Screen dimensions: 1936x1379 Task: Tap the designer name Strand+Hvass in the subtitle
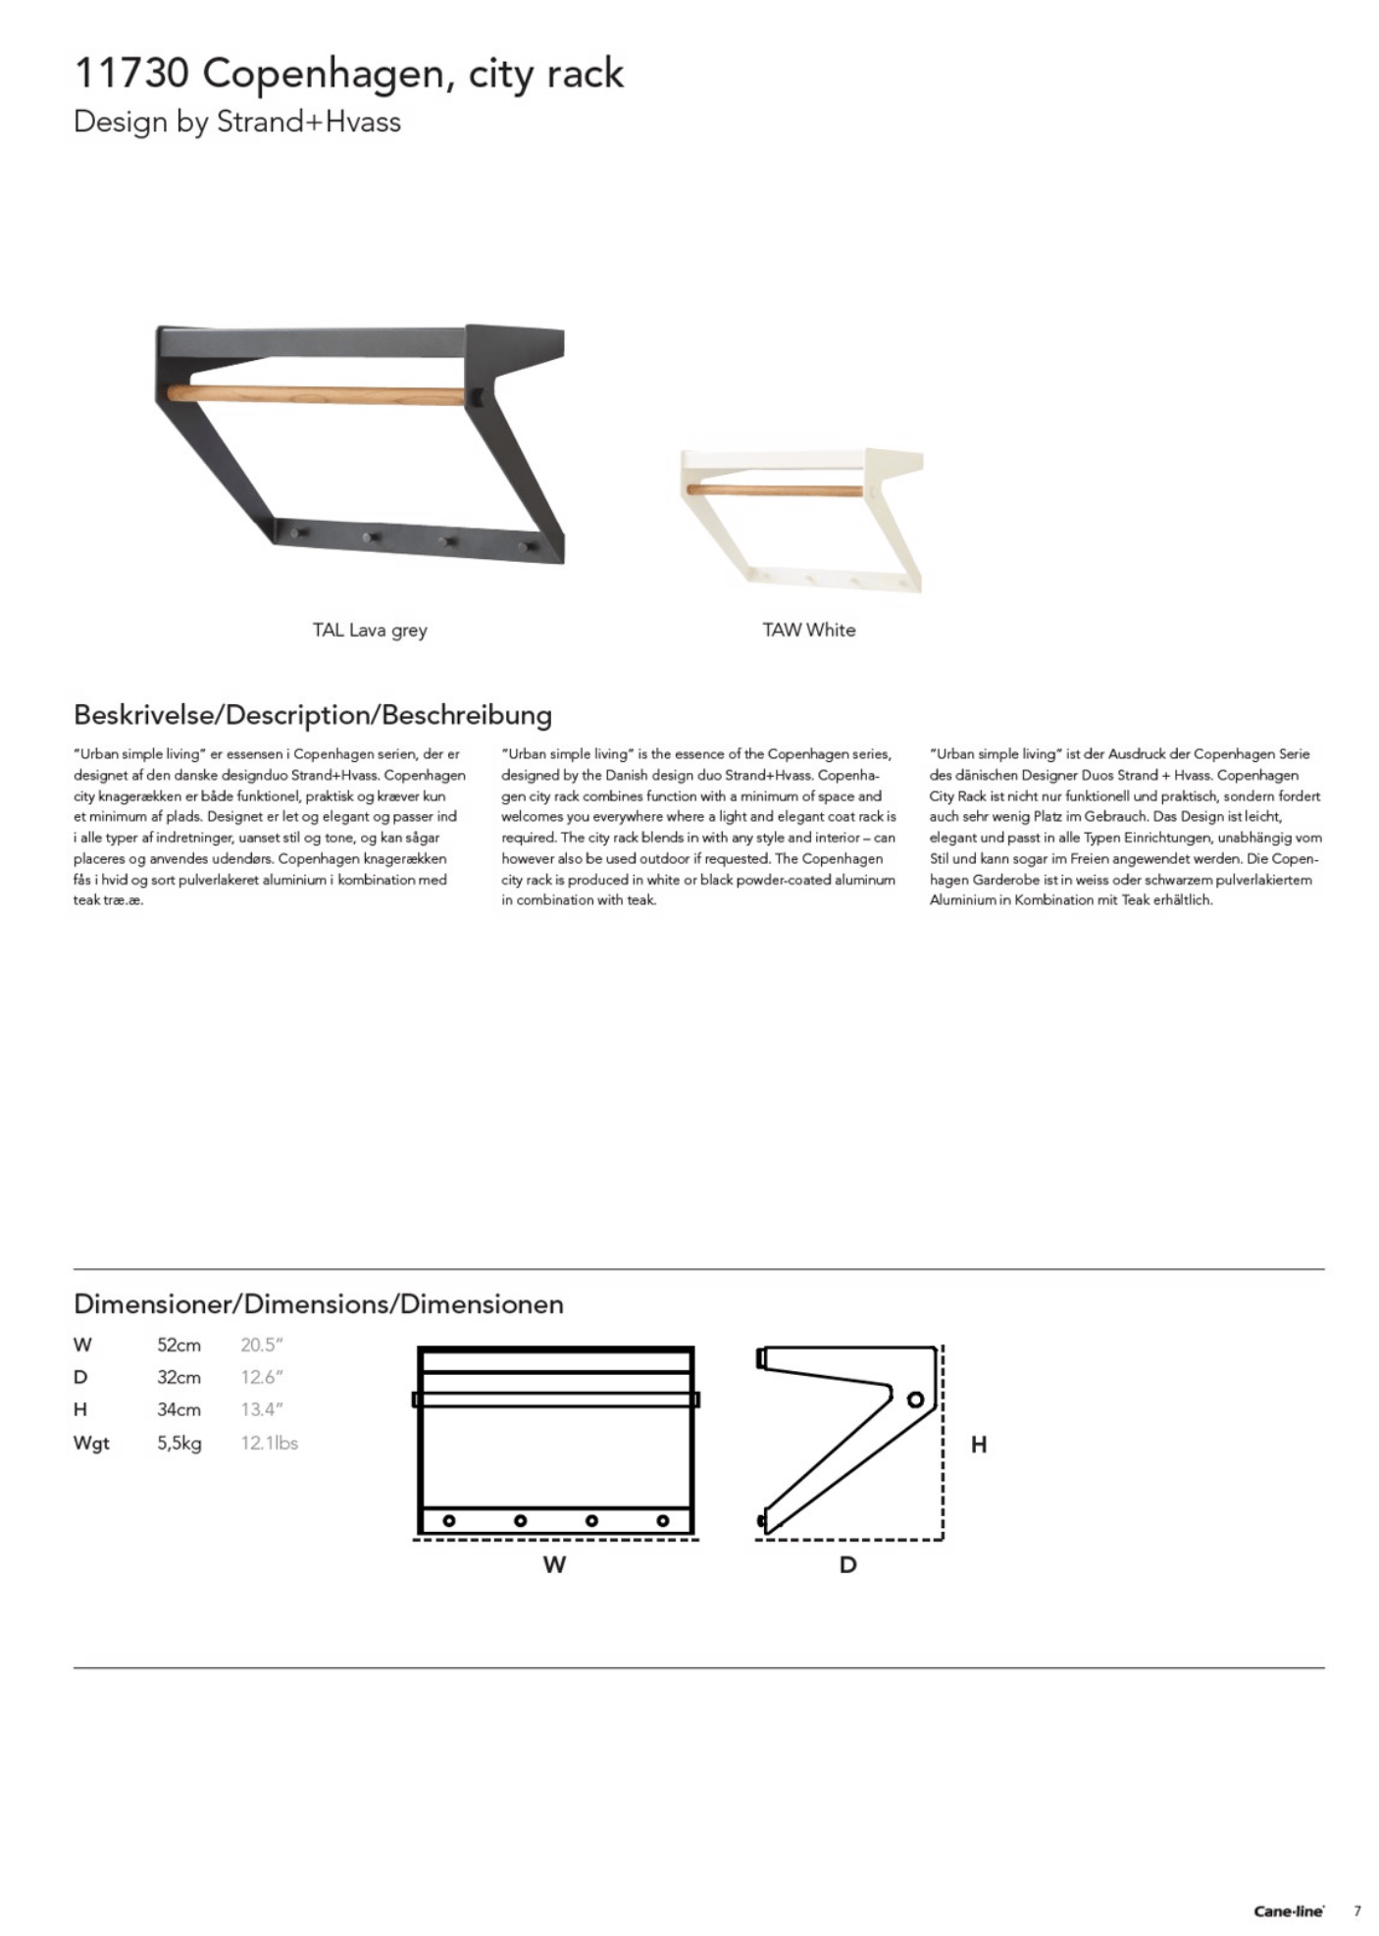pyautogui.click(x=308, y=123)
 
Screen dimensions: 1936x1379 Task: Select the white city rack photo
pyautogui.click(x=801, y=519)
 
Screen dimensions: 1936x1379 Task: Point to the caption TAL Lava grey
pyautogui.click(x=370, y=631)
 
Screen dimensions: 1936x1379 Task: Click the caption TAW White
pyautogui.click(x=808, y=631)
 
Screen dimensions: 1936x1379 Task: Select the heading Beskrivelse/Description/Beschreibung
pyautogui.click(x=312, y=714)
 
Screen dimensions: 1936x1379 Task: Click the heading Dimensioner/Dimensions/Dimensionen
pyautogui.click(x=318, y=1304)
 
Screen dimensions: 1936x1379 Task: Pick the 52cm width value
pyautogui.click(x=179, y=1346)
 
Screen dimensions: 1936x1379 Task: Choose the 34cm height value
pyautogui.click(x=179, y=1410)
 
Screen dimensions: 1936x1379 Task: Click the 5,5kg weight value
pyautogui.click(x=179, y=1444)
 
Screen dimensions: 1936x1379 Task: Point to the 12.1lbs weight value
pyautogui.click(x=269, y=1444)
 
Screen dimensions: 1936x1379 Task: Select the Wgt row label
pyautogui.click(x=91, y=1444)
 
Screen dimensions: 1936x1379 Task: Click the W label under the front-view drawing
pyautogui.click(x=554, y=1565)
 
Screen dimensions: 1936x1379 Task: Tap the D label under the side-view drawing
pyautogui.click(x=847, y=1565)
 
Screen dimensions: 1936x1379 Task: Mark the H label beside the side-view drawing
pyautogui.click(x=978, y=1445)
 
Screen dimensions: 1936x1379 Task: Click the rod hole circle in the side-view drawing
pyautogui.click(x=915, y=1400)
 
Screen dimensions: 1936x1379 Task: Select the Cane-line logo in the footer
pyautogui.click(x=1288, y=1911)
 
